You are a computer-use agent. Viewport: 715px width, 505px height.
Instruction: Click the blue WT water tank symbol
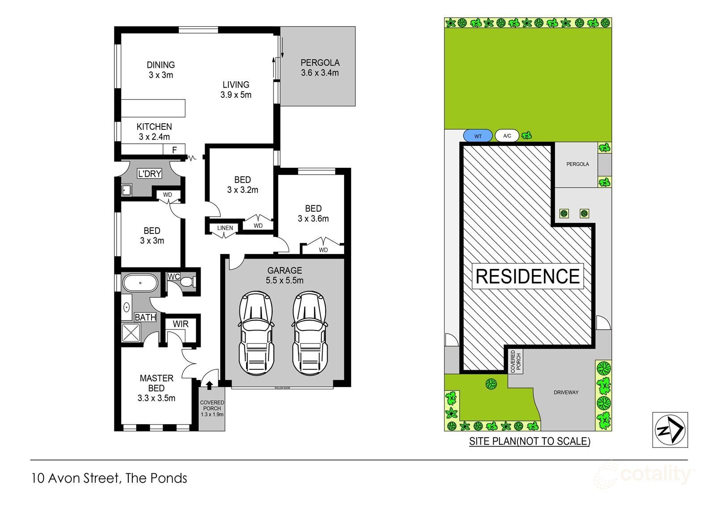point(478,136)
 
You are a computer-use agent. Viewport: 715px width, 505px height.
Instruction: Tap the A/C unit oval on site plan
point(507,136)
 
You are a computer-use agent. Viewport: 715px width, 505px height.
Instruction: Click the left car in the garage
point(256,333)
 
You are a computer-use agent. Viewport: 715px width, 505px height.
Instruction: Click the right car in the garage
point(309,333)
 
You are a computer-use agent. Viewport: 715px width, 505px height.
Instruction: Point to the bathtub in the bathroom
point(140,283)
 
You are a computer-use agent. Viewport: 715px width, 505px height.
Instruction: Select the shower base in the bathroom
point(131,333)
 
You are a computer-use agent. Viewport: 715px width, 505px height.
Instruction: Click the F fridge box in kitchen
point(175,150)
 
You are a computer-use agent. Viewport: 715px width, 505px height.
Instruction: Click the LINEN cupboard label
point(225,228)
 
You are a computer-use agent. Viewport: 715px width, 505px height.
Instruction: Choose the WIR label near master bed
point(181,324)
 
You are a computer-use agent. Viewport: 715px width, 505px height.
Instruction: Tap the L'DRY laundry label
point(149,174)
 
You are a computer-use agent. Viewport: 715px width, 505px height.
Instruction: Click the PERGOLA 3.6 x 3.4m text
point(320,67)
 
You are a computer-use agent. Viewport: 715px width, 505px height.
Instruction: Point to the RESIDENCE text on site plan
point(527,276)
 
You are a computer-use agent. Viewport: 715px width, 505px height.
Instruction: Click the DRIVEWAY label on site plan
point(566,392)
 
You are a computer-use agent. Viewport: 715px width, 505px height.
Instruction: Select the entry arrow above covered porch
point(209,384)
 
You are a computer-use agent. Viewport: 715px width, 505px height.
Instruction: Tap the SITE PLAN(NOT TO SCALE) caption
point(530,442)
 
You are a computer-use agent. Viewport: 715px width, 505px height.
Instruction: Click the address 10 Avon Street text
point(109,478)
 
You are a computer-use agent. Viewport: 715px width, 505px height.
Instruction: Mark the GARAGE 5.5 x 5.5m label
point(285,275)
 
